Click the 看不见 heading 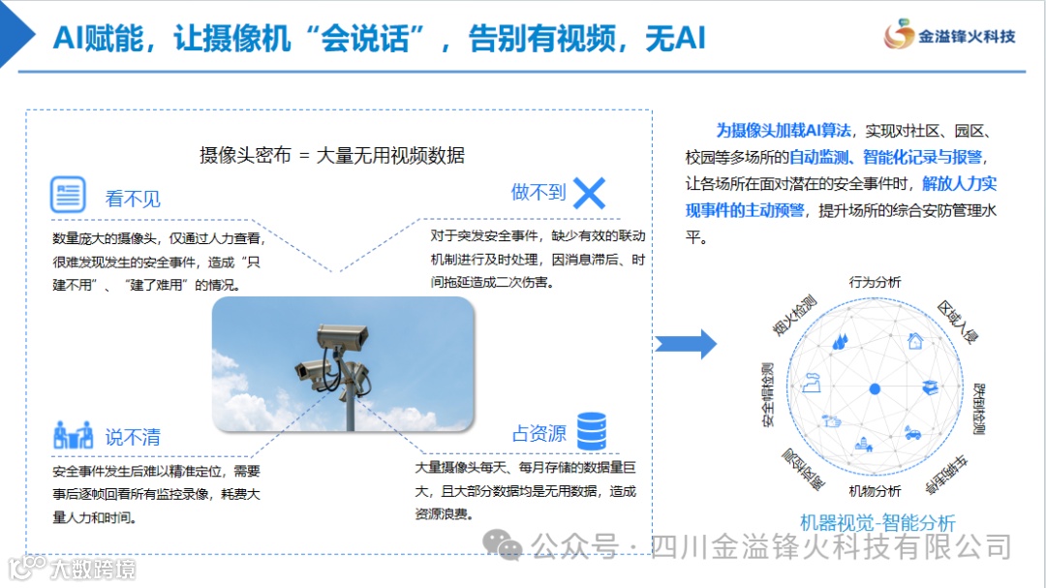(x=133, y=200)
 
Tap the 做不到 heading (x=538, y=192)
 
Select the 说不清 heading (x=133, y=437)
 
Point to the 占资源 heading (x=538, y=434)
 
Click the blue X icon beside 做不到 (x=589, y=194)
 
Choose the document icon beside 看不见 (x=68, y=196)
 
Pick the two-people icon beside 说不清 (x=73, y=434)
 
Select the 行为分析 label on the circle (x=875, y=282)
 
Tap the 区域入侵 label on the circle (x=958, y=322)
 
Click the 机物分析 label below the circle (x=875, y=491)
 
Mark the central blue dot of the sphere (x=875, y=388)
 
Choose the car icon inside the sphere (x=912, y=433)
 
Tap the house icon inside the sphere (x=914, y=341)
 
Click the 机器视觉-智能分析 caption (x=877, y=523)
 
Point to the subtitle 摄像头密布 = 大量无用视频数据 (x=332, y=155)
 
